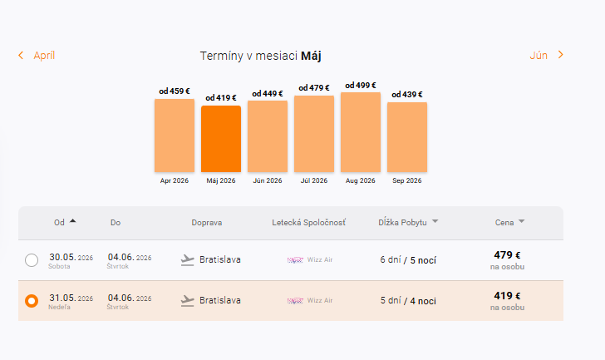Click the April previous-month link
tap(37, 56)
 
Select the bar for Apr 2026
tap(175, 136)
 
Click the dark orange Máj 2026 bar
tap(221, 139)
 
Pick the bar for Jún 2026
tap(268, 136)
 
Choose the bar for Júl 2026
tap(314, 134)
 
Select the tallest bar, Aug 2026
tap(361, 132)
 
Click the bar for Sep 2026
tap(407, 137)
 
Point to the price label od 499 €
tap(361, 85)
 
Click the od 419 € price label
tap(221, 98)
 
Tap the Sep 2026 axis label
tap(407, 180)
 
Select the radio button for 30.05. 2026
tap(32, 260)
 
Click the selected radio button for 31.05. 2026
tap(32, 300)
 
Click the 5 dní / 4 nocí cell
tap(408, 300)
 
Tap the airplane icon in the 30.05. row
tap(188, 260)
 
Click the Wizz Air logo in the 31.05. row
tap(296, 300)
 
